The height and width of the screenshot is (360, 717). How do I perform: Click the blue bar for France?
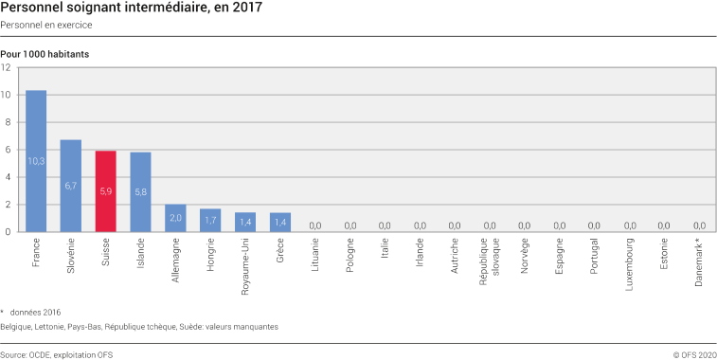click(36, 161)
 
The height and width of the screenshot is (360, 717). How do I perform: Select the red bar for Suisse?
click(106, 190)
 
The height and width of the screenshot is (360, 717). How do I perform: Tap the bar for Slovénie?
click(71, 185)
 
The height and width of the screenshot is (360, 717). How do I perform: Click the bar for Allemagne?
click(175, 218)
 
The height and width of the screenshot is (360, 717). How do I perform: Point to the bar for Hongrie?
click(210, 220)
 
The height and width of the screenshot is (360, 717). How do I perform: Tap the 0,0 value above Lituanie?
click(315, 225)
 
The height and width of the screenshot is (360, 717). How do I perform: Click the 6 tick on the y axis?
click(8, 150)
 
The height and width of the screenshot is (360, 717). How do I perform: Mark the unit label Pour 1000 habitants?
click(45, 54)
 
